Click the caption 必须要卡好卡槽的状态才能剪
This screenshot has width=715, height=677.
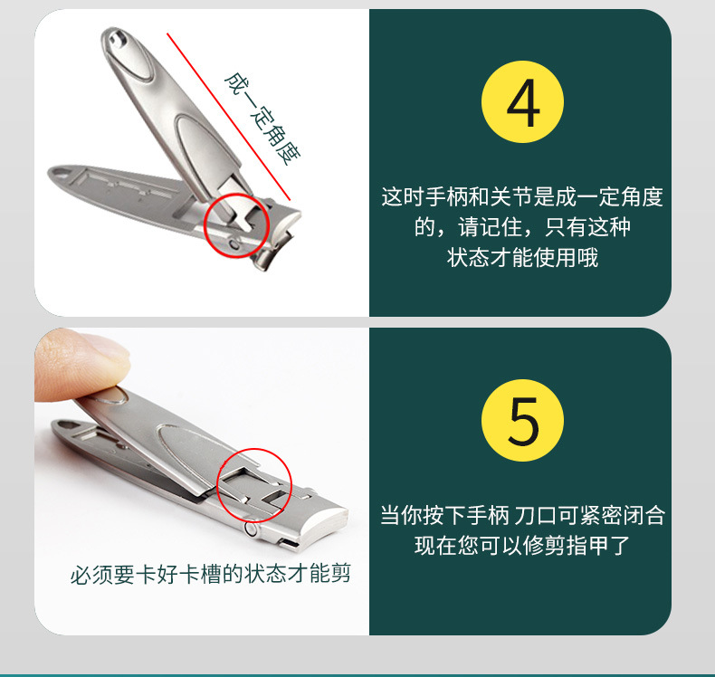(x=211, y=574)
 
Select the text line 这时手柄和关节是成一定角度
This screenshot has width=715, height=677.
(x=521, y=196)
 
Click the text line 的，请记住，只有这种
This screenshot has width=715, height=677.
(x=521, y=226)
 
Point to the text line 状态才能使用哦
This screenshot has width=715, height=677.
(x=522, y=257)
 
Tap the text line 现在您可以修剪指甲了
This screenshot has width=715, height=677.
(x=521, y=546)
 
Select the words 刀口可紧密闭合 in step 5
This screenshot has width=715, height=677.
(x=589, y=516)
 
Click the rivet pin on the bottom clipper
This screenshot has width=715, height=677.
(x=251, y=526)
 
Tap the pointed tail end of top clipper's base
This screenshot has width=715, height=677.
(x=51, y=172)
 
